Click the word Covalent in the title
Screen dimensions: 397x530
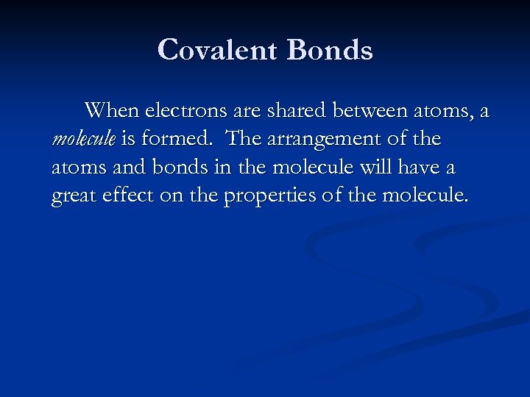218,50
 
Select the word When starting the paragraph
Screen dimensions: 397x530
113,110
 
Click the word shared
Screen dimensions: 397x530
303,110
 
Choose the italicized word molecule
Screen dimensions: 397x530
83,139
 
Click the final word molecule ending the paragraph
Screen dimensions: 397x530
425,197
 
